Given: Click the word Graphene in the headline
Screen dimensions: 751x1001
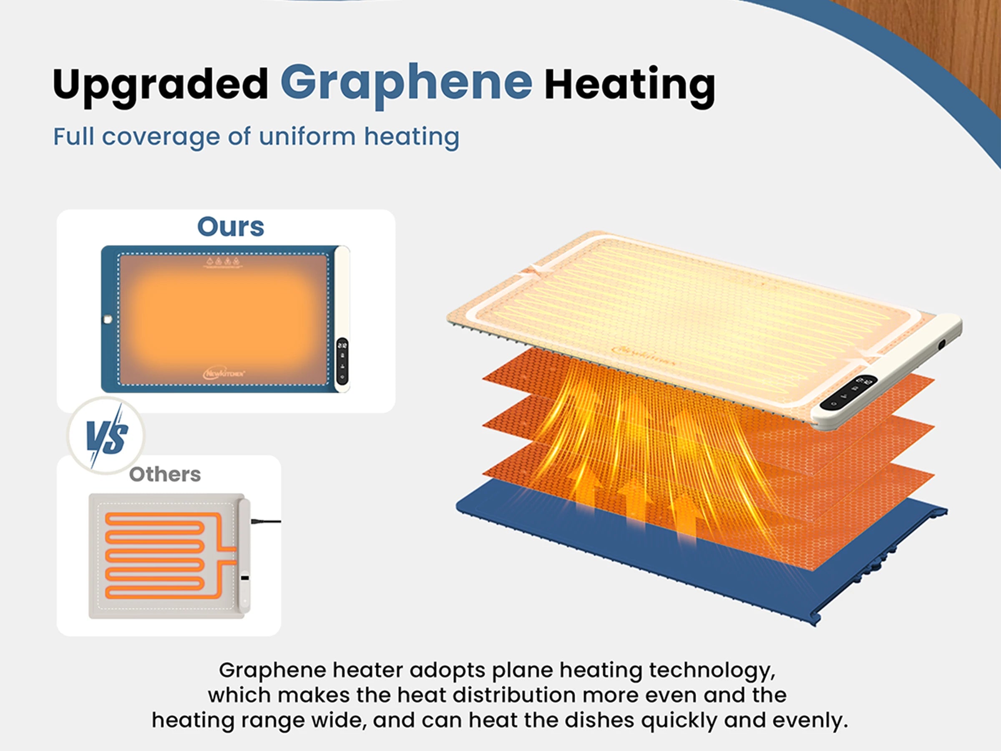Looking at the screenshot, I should tap(406, 83).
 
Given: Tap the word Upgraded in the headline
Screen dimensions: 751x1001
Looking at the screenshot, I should tap(161, 85).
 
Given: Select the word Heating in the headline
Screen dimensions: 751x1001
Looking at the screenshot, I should tap(629, 85).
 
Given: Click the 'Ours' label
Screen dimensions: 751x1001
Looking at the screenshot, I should tap(230, 227).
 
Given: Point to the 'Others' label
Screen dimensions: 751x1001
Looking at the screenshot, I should tap(165, 474).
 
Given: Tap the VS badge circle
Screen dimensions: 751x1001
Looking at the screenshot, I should tap(107, 436).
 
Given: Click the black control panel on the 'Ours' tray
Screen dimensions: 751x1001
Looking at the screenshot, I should tap(342, 361).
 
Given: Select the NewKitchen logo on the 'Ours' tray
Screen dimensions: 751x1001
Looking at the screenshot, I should tap(224, 373).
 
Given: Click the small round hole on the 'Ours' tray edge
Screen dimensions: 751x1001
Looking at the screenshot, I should tap(108, 319).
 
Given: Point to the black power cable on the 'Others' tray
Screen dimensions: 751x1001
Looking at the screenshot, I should tap(266, 522).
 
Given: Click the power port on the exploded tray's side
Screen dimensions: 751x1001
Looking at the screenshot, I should tap(942, 345).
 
